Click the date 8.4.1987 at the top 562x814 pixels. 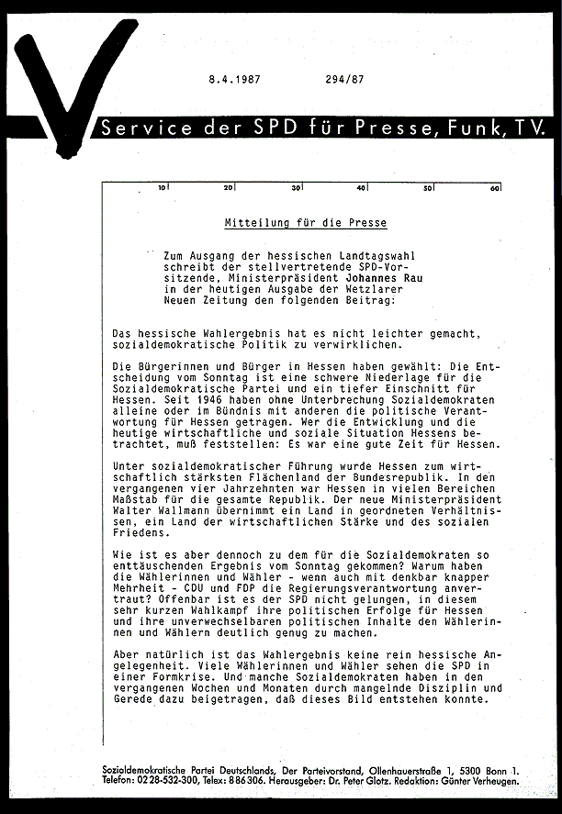[235, 79]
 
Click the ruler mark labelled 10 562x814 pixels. [163, 188]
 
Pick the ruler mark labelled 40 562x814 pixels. [362, 188]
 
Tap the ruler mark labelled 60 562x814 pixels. [494, 188]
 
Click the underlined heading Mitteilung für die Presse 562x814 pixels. [306, 223]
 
